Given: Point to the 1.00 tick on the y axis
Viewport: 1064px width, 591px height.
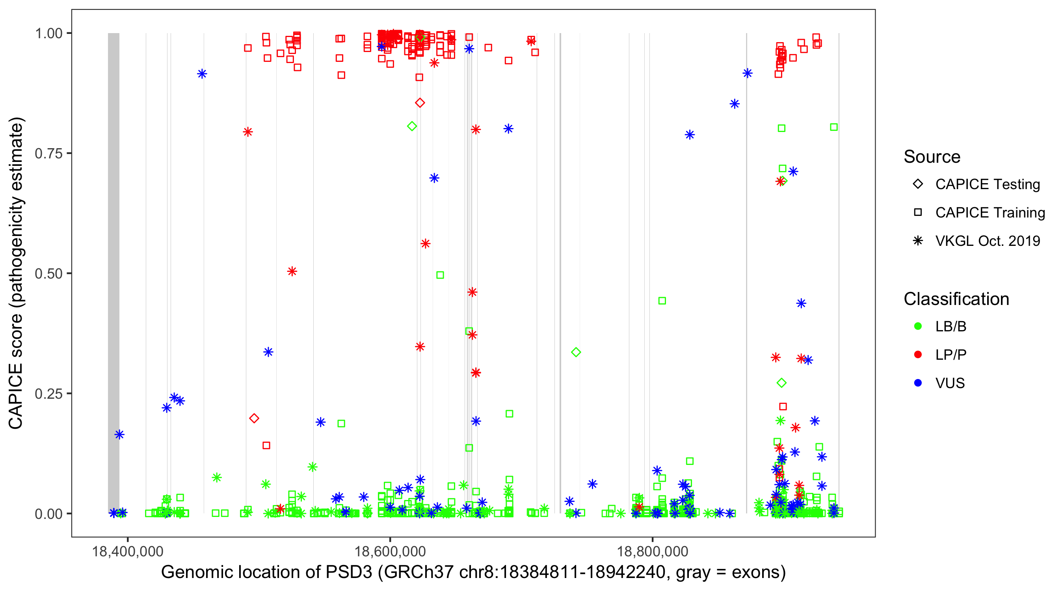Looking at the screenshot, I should coord(49,33).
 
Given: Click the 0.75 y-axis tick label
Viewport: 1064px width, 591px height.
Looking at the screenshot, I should coord(49,153).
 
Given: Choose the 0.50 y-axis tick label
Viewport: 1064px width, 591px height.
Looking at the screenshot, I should coord(49,273).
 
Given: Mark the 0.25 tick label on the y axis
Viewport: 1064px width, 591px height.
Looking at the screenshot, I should coord(49,393).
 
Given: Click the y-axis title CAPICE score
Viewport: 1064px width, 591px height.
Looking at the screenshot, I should coord(17,273).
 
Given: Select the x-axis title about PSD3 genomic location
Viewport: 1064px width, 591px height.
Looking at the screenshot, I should coord(473,572).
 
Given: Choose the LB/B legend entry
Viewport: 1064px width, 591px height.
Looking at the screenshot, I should coord(951,326).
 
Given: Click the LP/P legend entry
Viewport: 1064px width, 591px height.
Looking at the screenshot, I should coord(951,355).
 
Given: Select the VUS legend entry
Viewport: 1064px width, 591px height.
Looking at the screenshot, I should coord(950,383).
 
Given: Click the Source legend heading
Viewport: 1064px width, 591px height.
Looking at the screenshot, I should coord(932,157).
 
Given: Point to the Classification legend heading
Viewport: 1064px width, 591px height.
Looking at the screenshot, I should coord(956,299).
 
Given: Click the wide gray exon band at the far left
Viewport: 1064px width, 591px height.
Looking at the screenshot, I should coord(113,273).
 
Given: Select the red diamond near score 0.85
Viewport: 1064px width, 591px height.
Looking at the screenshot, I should coord(420,103).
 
